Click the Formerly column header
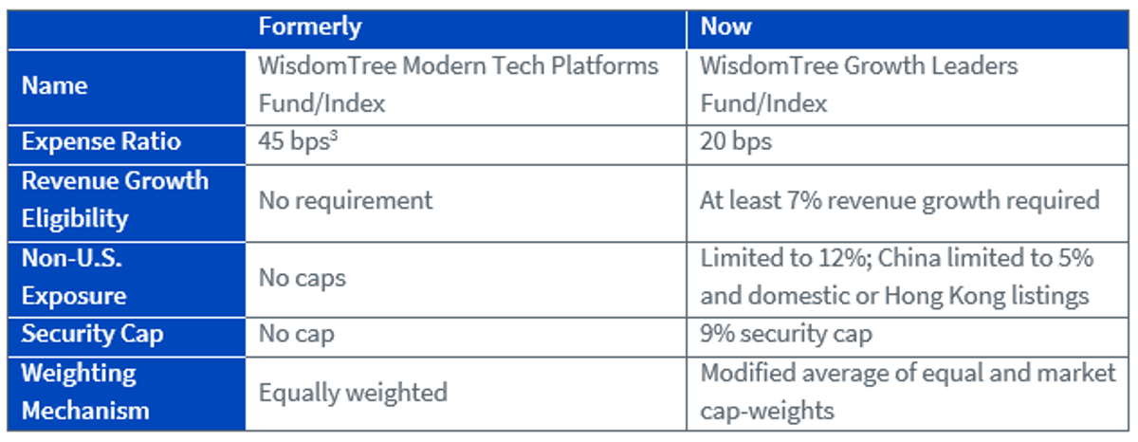tap(310, 27)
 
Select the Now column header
tap(725, 26)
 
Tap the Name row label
tap(54, 85)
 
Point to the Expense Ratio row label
tap(101, 141)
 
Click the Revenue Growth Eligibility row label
tap(115, 200)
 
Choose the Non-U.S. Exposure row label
tap(74, 277)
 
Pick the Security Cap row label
tap(93, 334)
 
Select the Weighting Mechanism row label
tap(85, 392)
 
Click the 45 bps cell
tap(298, 141)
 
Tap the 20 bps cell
tap(736, 141)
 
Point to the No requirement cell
tap(345, 201)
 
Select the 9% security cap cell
tap(786, 334)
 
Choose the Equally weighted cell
tap(353, 393)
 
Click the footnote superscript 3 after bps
tap(334, 135)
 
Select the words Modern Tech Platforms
tap(530, 66)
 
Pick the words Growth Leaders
tap(930, 66)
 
